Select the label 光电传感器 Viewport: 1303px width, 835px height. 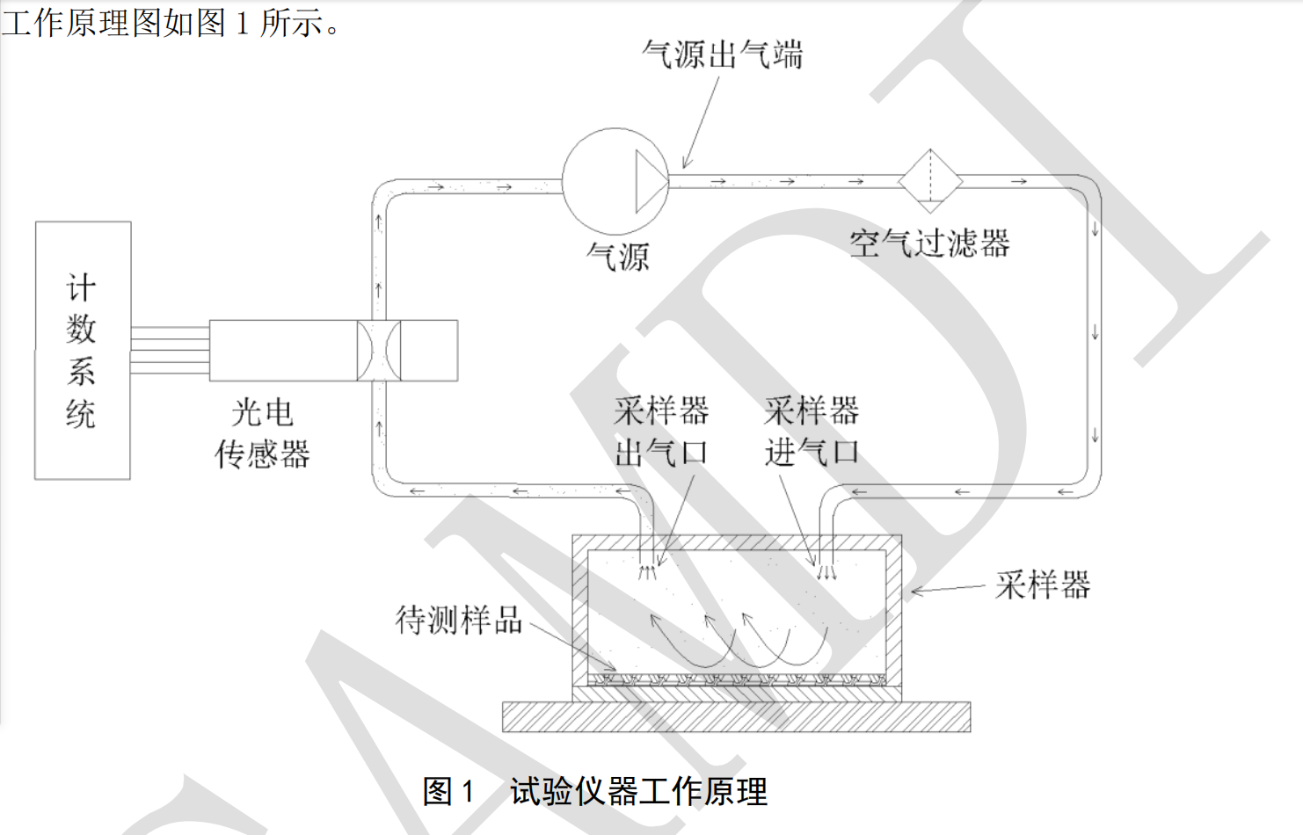(262, 433)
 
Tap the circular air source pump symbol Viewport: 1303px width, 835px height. (607, 181)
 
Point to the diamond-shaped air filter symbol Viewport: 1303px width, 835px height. (929, 181)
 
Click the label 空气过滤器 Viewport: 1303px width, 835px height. (929, 243)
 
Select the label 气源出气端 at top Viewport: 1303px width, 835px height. (722, 54)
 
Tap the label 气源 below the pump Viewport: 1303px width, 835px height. (617, 257)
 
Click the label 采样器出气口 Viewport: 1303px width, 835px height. (661, 432)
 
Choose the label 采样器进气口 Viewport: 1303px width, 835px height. (811, 432)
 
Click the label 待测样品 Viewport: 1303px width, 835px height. (458, 620)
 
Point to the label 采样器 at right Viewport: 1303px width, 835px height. (1042, 584)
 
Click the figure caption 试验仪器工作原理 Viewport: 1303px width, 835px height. (638, 791)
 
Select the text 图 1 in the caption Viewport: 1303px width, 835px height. (448, 791)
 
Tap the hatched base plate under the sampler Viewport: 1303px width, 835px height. (736, 717)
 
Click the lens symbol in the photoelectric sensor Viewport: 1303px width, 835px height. (379, 350)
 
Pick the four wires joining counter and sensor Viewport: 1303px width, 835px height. (170, 350)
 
